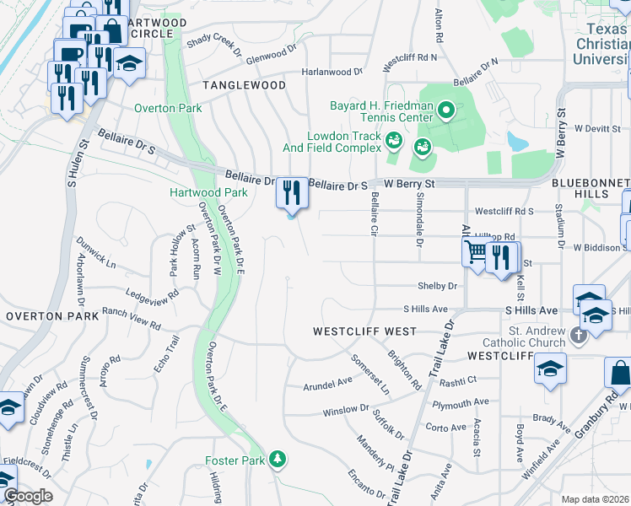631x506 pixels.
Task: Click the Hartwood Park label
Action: pos(208,192)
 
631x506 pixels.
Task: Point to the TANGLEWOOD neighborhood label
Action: pos(243,86)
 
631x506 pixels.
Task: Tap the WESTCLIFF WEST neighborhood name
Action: pos(364,331)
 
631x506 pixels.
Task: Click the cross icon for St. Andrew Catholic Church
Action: pos(578,336)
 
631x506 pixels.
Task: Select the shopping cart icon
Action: pos(477,251)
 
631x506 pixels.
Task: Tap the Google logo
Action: pos(28,496)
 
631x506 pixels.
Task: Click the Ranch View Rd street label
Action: pos(131,317)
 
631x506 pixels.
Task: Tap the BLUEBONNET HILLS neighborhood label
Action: pos(591,188)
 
